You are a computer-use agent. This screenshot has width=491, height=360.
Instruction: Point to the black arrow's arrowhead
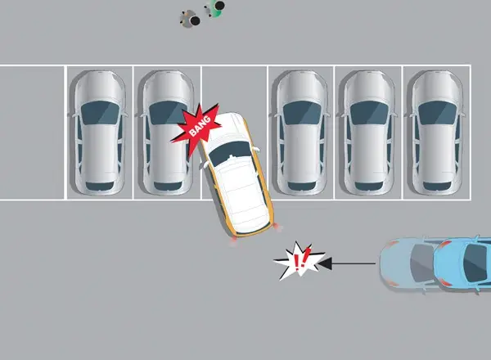coord(325,263)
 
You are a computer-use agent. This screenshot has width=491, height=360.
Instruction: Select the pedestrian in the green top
coord(216,8)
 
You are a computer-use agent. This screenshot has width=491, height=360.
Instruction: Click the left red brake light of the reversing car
coord(235,239)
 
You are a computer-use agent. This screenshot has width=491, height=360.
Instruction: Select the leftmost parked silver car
coord(98,131)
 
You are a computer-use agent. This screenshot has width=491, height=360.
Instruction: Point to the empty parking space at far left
coord(32,131)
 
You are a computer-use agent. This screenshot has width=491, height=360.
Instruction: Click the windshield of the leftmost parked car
coord(98,111)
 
